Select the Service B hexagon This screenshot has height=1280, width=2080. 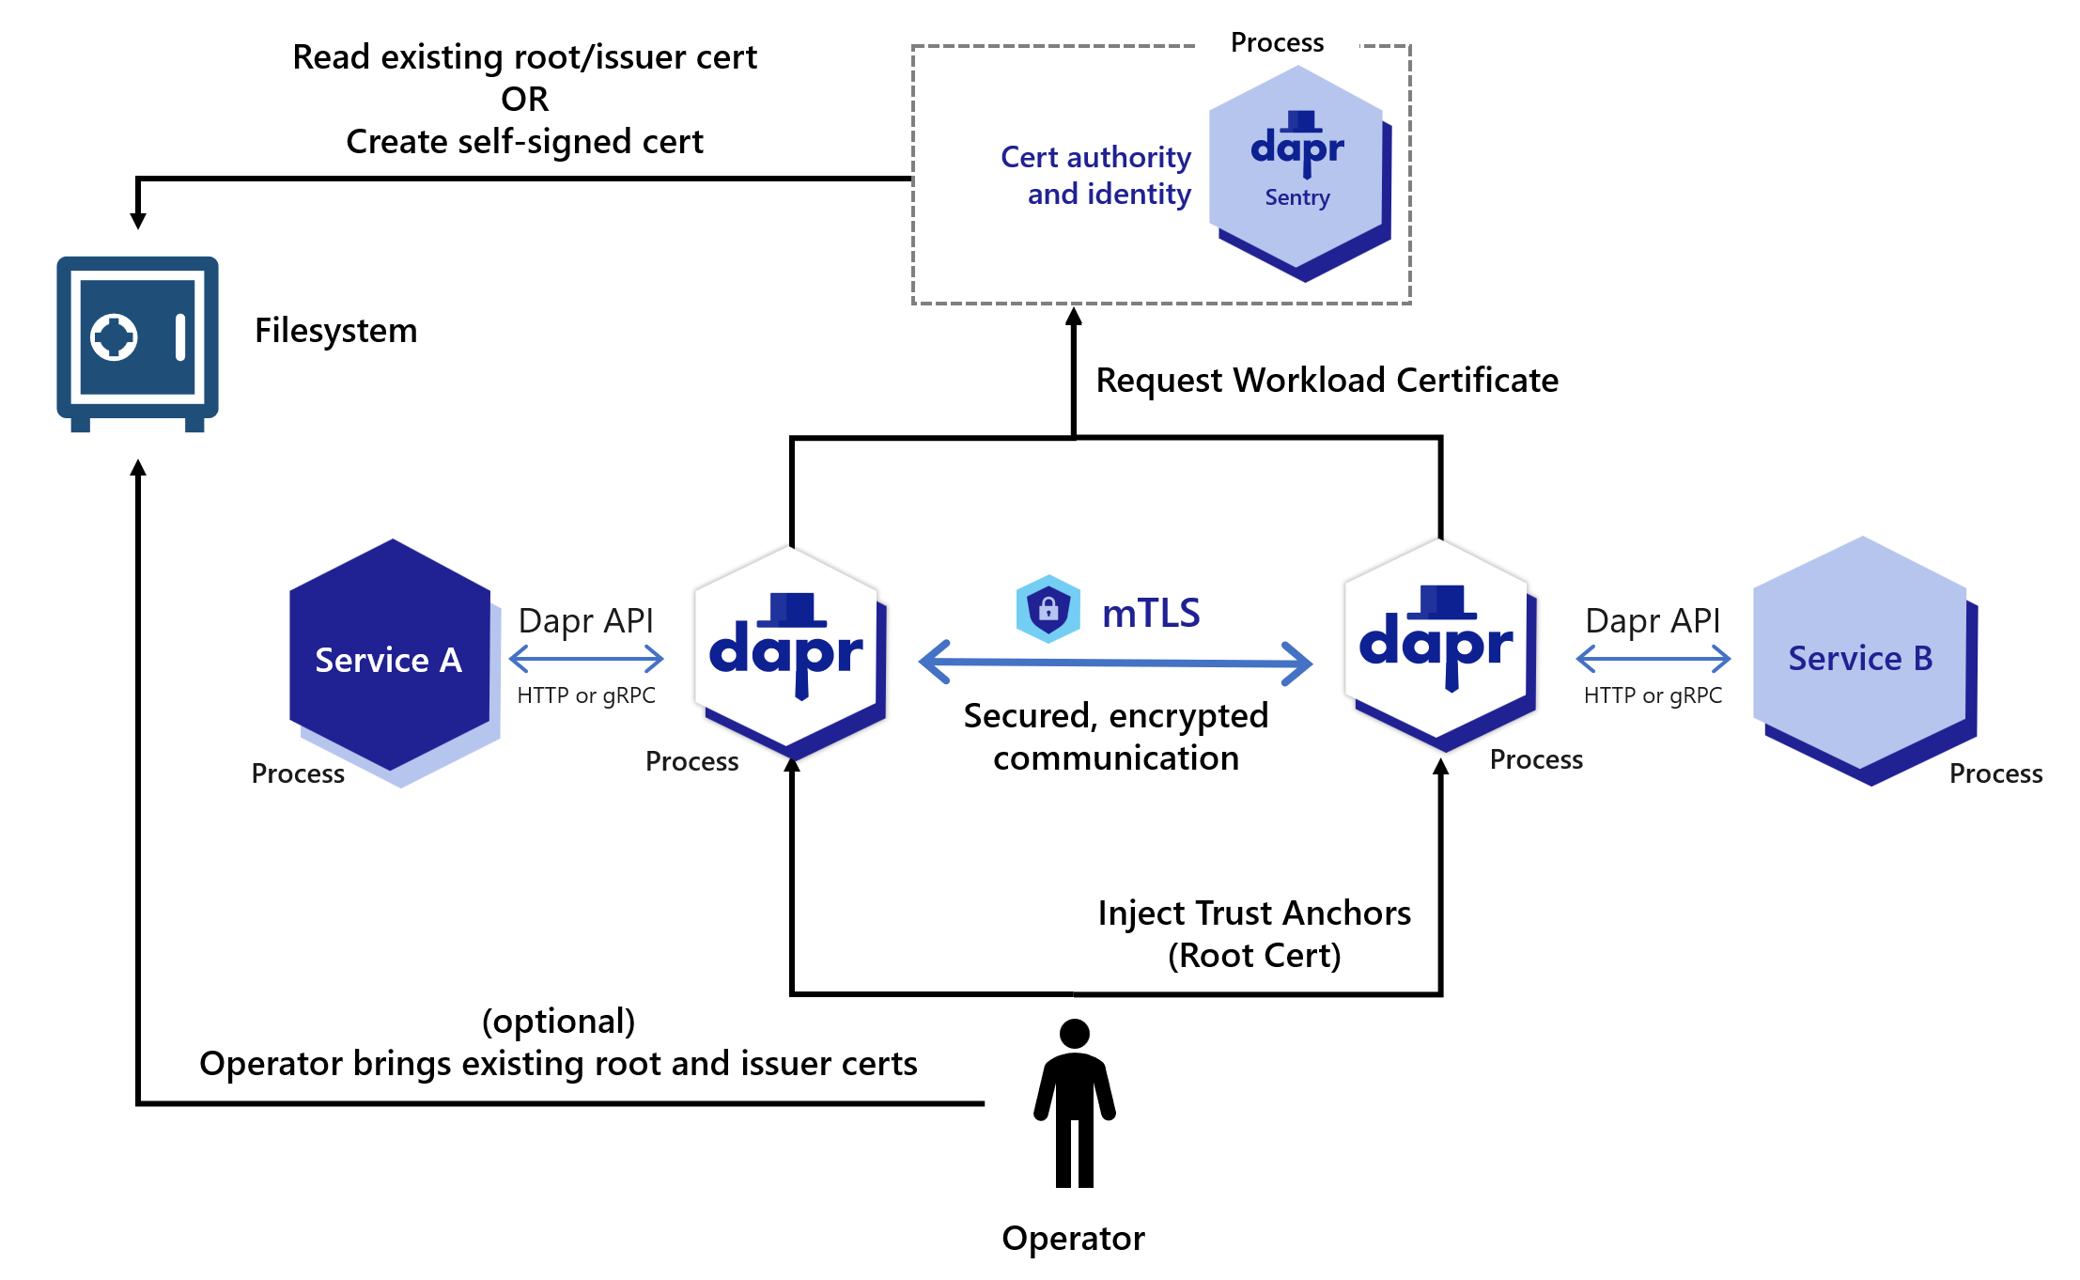click(1865, 660)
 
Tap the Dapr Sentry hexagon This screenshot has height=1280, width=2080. click(1299, 173)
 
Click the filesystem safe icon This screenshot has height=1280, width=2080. click(137, 344)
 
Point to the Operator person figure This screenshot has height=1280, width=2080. click(1075, 1103)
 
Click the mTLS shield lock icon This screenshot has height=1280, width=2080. click(1048, 609)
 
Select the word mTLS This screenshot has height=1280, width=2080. click(1151, 613)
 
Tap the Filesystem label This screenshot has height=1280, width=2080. click(335, 331)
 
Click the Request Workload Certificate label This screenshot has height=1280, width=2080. click(1327, 380)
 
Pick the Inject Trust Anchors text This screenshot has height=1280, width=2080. click(1254, 913)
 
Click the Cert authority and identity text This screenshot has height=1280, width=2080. click(1096, 175)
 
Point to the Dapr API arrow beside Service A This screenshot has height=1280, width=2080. click(586, 659)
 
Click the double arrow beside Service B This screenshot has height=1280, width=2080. click(1653, 659)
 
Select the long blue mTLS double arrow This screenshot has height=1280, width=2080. click(1115, 663)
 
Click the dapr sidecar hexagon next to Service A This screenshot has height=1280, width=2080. click(790, 652)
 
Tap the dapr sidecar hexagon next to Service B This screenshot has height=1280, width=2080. click(1441, 645)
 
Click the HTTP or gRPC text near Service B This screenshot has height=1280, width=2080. click(1653, 695)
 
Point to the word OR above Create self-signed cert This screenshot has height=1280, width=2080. click(524, 99)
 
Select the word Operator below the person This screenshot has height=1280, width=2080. click(1073, 1239)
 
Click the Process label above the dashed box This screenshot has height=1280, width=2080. click(1277, 42)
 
